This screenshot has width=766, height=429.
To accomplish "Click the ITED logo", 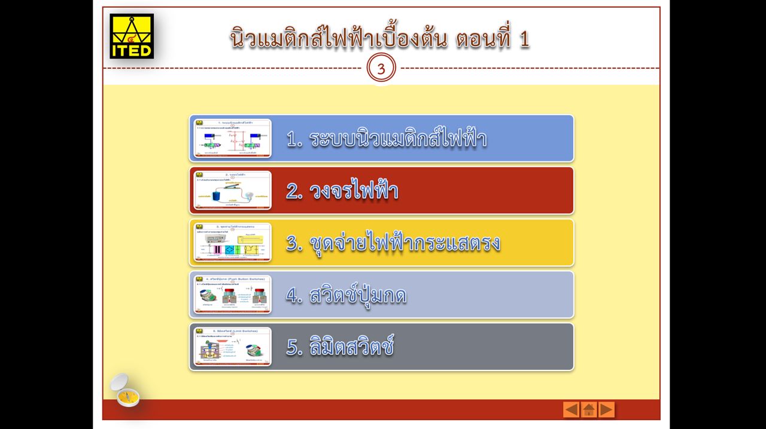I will (132, 36).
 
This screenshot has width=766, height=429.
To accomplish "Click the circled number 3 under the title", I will (381, 69).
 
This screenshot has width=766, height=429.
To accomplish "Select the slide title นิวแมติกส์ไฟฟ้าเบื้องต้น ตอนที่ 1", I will (379, 39).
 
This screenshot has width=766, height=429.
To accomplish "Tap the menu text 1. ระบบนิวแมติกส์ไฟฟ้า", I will (386, 139).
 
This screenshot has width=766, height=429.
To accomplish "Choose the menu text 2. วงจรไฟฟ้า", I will (342, 191).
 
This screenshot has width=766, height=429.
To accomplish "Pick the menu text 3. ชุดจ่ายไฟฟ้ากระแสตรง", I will (393, 243).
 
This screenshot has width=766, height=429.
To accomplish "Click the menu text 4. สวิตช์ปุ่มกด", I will (346, 295).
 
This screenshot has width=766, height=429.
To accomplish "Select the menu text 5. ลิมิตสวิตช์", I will (340, 347).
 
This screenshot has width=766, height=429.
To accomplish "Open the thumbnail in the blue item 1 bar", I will (232, 139).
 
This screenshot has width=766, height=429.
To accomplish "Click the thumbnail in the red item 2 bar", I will (232, 191).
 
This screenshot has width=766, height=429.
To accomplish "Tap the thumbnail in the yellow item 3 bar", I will (232, 243).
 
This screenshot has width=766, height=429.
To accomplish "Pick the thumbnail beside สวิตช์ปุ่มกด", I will (232, 295).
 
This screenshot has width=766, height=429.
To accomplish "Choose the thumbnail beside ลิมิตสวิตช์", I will (232, 347).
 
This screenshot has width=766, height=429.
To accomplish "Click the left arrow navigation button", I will (571, 409).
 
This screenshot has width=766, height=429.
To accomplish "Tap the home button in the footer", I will (589, 409).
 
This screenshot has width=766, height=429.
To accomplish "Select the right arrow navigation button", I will (607, 409).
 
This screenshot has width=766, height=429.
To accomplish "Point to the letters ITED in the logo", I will (132, 50).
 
